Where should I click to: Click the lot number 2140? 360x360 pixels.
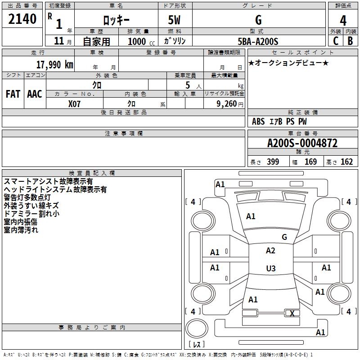click(x=22, y=19)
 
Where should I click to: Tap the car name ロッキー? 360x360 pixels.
click(x=116, y=20)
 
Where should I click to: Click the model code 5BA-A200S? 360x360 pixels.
click(x=258, y=41)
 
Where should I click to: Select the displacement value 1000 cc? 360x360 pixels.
click(x=138, y=41)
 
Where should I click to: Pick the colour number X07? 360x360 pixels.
click(x=75, y=103)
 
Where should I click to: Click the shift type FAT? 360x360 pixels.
click(x=13, y=94)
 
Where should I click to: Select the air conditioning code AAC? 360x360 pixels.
click(x=34, y=94)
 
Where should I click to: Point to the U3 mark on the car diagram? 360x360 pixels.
click(x=270, y=269)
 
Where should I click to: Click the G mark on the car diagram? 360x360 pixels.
click(x=284, y=237)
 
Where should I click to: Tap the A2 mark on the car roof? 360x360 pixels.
click(x=270, y=251)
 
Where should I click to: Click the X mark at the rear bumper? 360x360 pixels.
click(x=292, y=314)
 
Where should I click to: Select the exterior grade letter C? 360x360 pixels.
click(x=336, y=41)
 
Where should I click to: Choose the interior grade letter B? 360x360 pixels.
click(x=350, y=41)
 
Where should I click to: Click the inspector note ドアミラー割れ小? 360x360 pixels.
click(x=31, y=214)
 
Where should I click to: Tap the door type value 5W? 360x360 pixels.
click(x=175, y=20)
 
